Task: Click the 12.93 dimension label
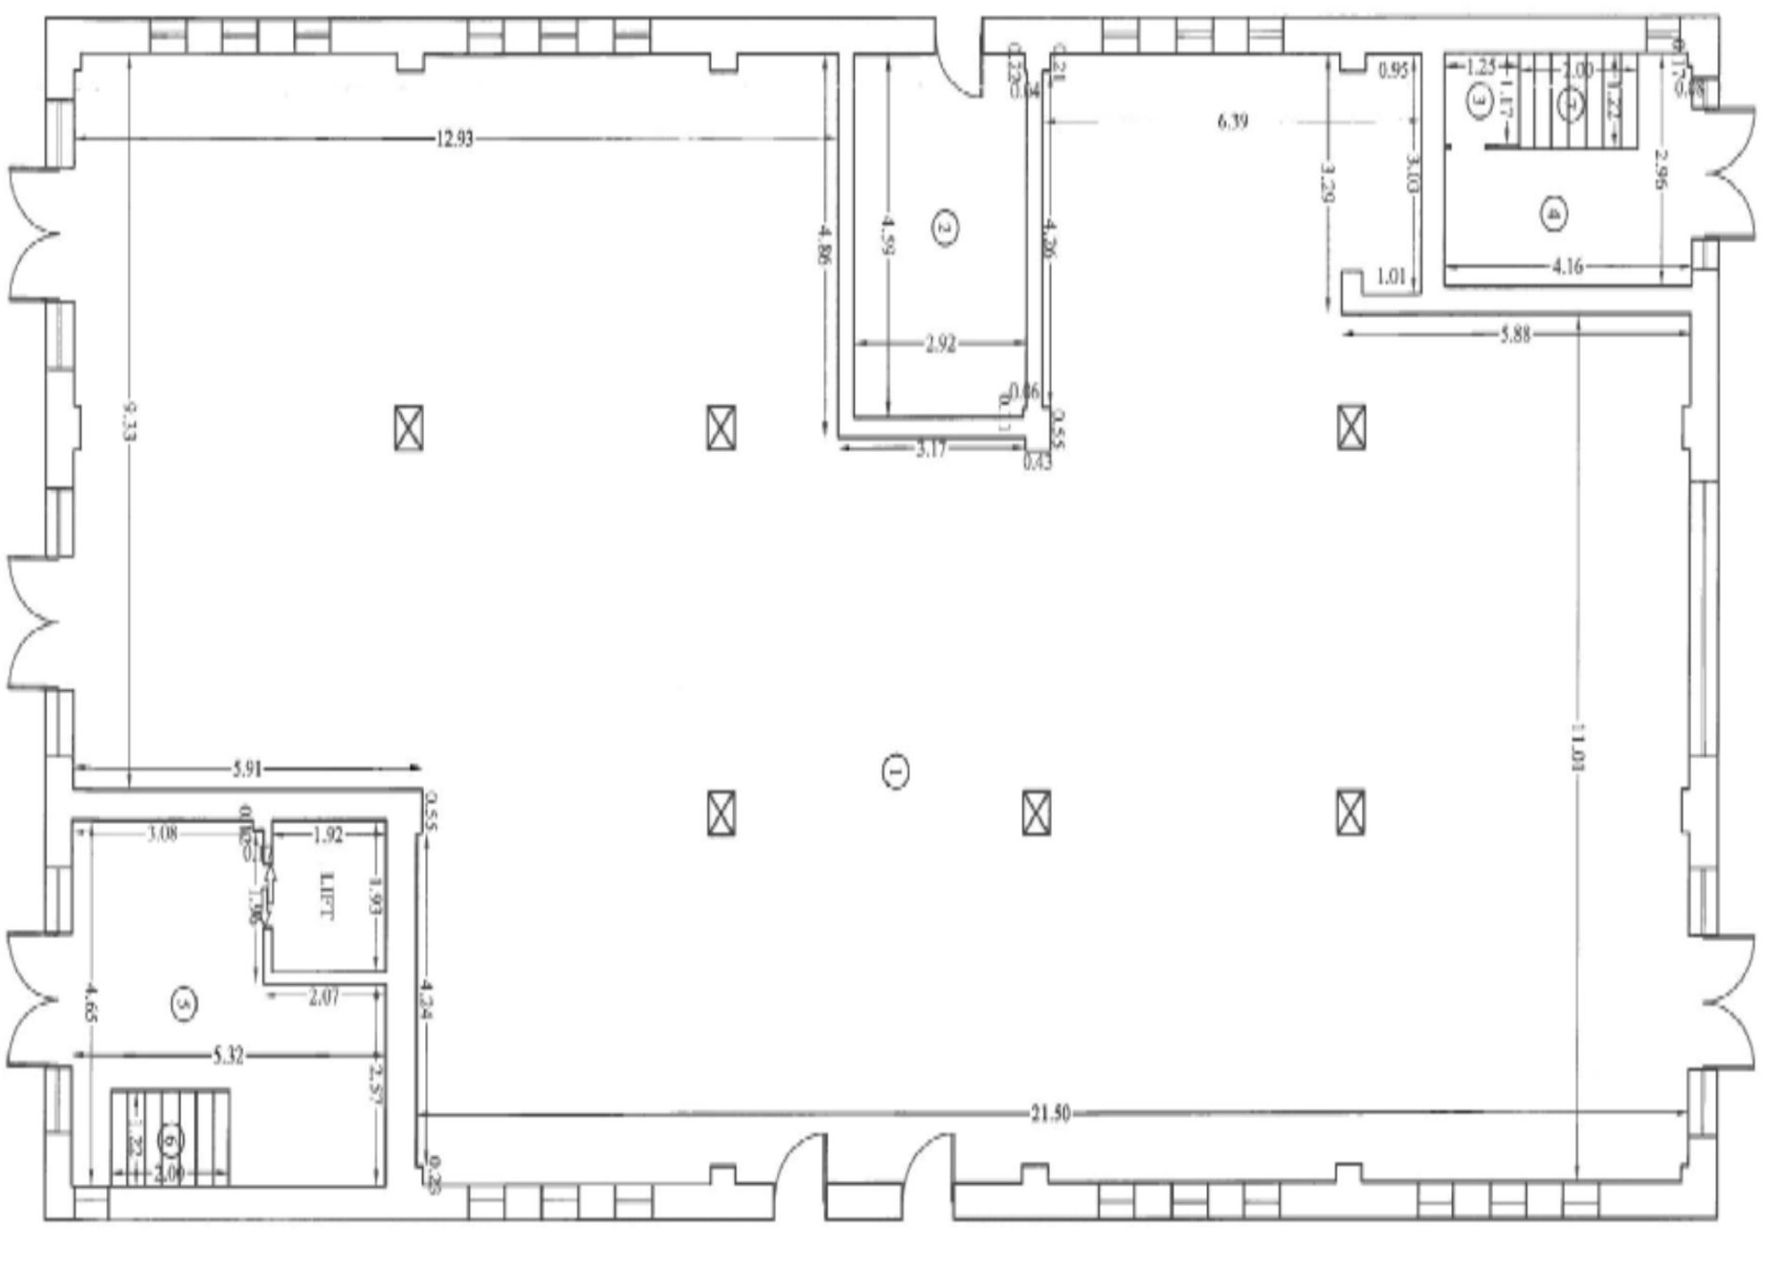[454, 140]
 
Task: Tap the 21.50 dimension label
[1050, 1113]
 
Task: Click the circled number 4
[1552, 214]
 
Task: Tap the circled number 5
[183, 1004]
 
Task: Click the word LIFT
[326, 896]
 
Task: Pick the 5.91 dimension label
[248, 768]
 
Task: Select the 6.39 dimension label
[1233, 121]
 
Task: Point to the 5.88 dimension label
[1515, 335]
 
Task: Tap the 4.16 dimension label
[1568, 267]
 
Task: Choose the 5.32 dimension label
[228, 1057]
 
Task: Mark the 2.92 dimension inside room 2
[940, 344]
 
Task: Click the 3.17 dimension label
[930, 450]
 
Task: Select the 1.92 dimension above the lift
[327, 834]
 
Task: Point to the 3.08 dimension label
[163, 833]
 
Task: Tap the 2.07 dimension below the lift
[324, 997]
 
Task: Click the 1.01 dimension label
[1390, 276]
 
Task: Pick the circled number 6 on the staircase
[169, 1138]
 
